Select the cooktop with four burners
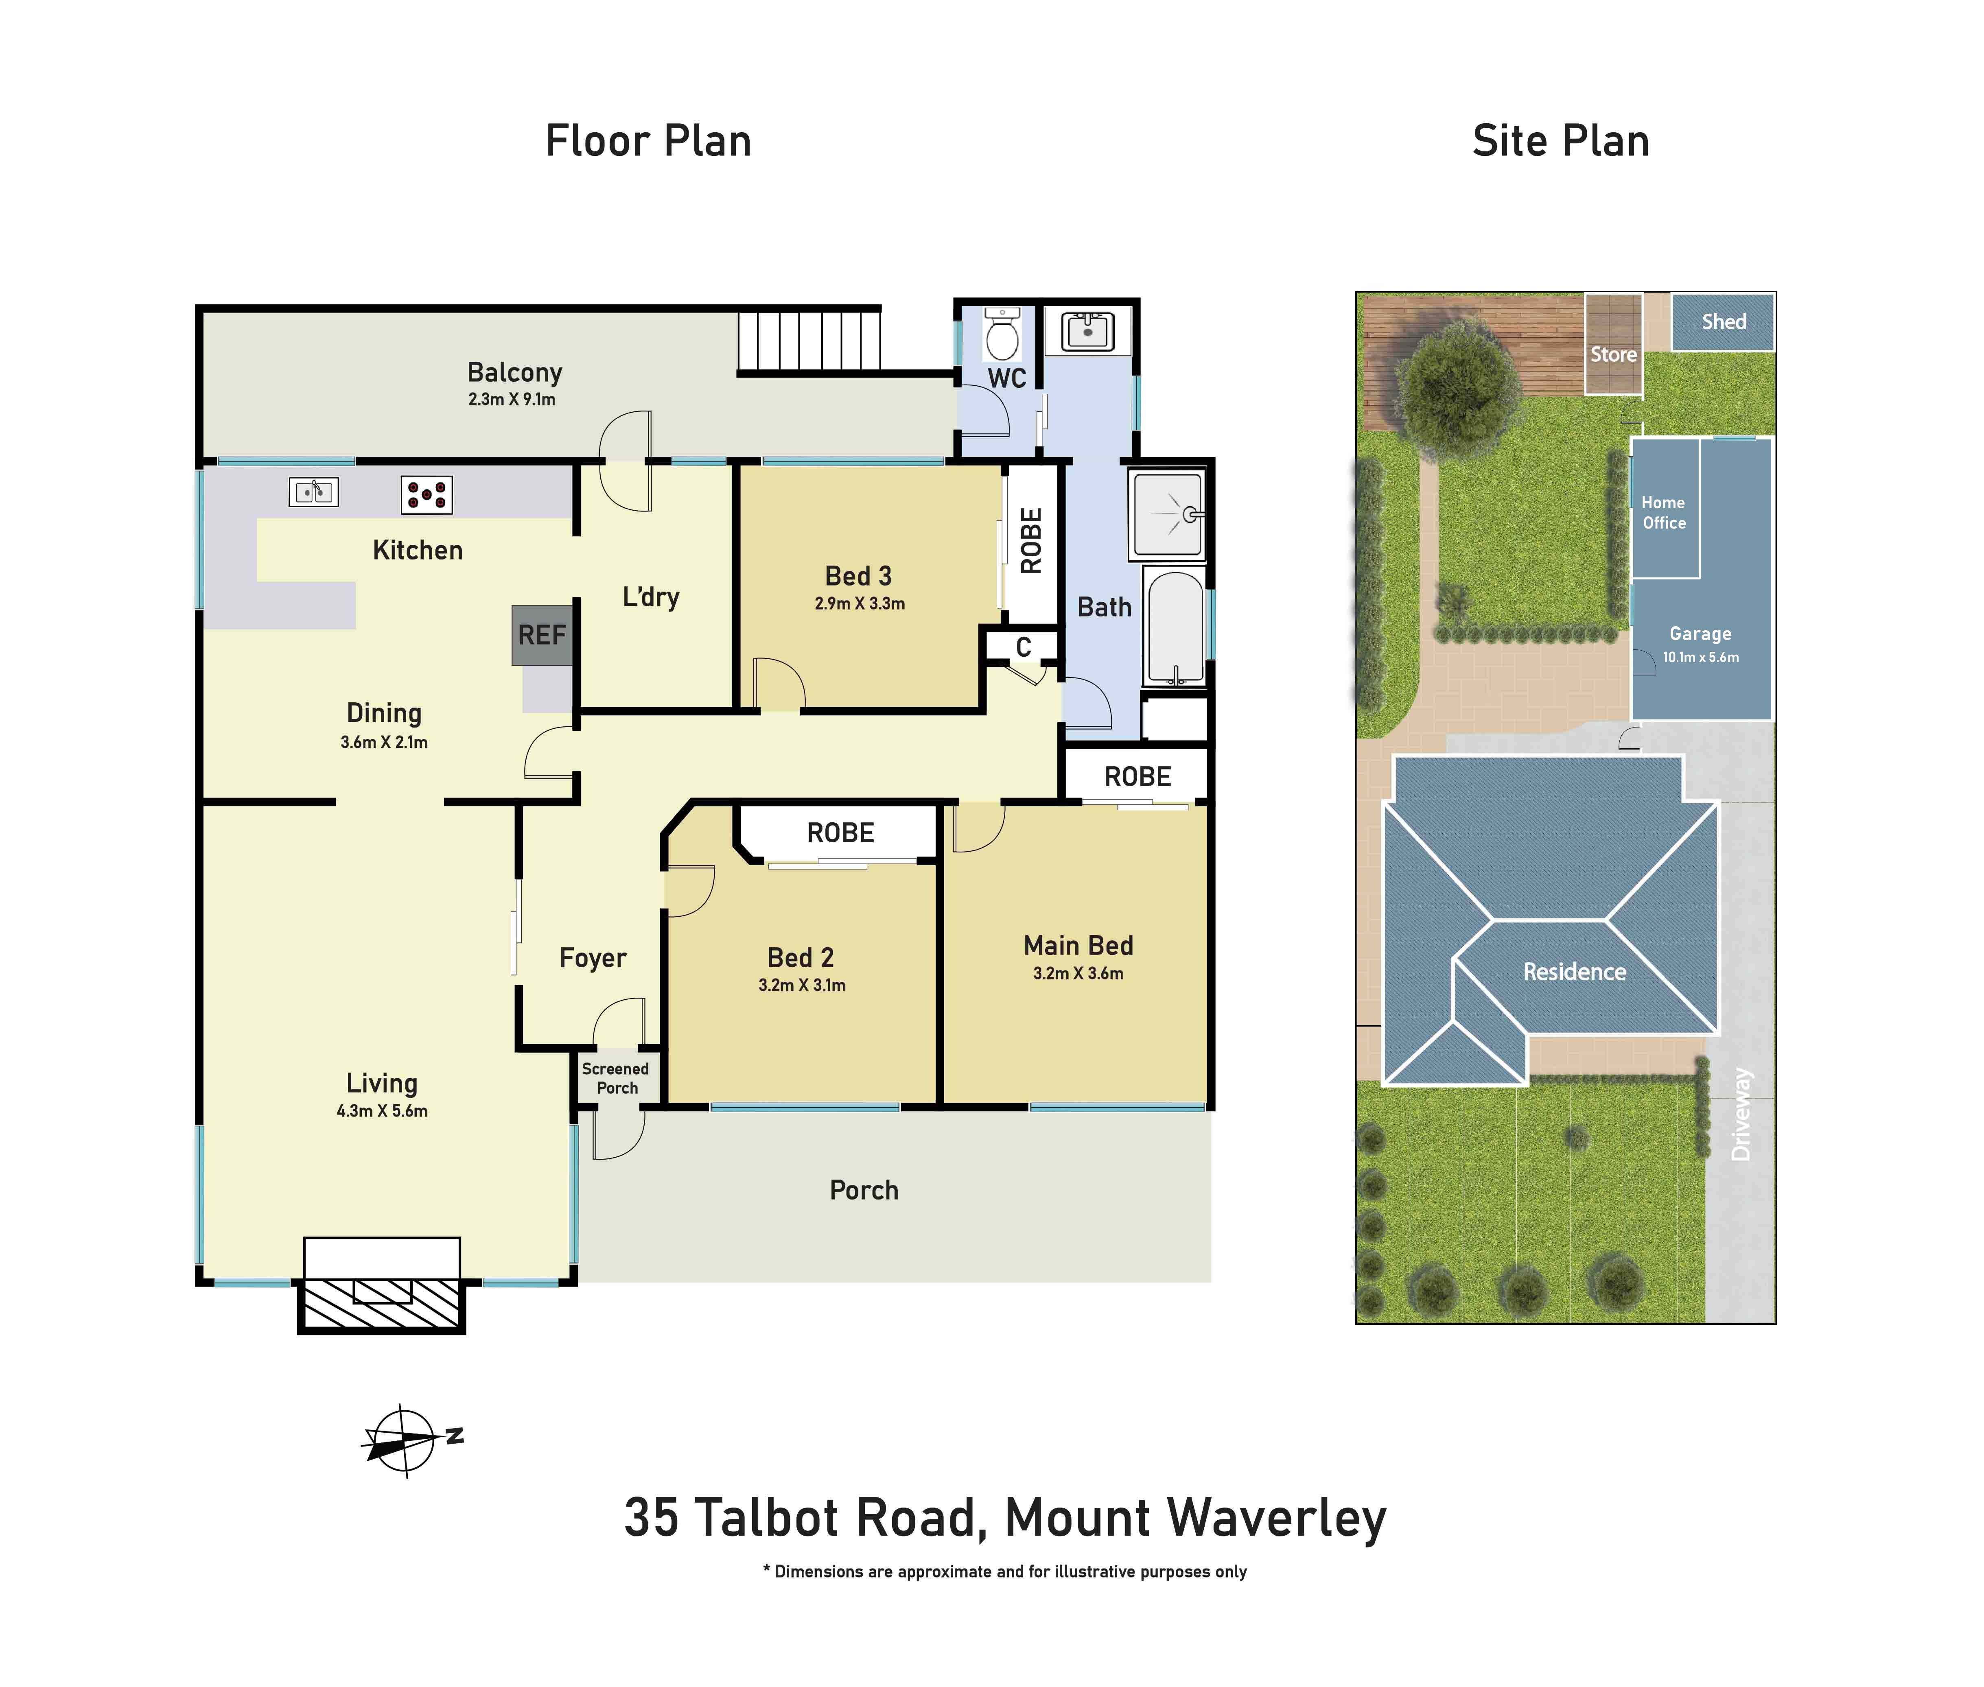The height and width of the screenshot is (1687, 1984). (426, 494)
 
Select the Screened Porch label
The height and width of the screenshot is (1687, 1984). (616, 1078)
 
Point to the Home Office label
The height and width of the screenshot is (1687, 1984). (1664, 513)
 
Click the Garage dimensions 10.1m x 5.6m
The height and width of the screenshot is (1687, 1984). (1700, 657)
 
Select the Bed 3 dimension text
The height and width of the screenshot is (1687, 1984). (859, 603)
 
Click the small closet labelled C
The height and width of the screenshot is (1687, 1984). (1023, 647)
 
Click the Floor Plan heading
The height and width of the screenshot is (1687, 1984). (647, 141)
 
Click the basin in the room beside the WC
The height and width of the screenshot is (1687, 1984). (1087, 332)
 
